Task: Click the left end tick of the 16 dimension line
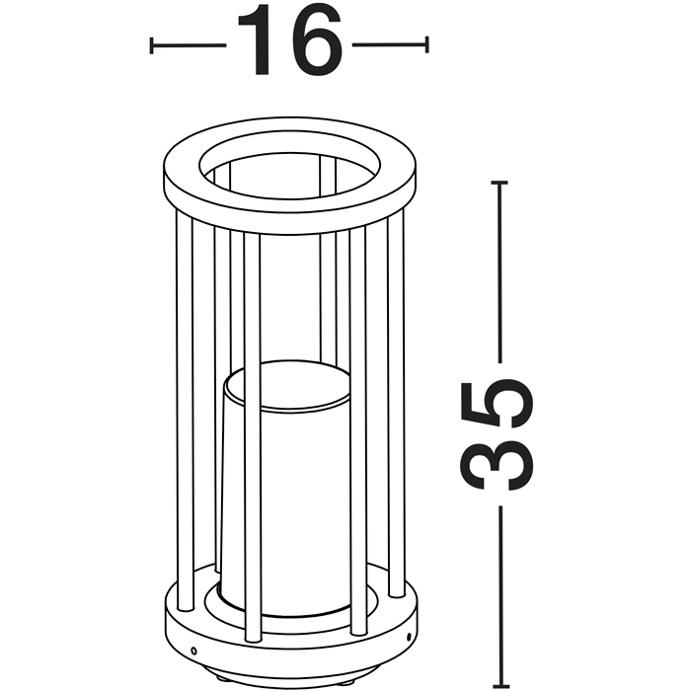pos(152,45)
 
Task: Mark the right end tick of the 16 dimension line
pos(426,44)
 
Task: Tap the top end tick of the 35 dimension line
pos(499,182)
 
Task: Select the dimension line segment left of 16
pos(190,45)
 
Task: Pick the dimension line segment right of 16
pos(390,44)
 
